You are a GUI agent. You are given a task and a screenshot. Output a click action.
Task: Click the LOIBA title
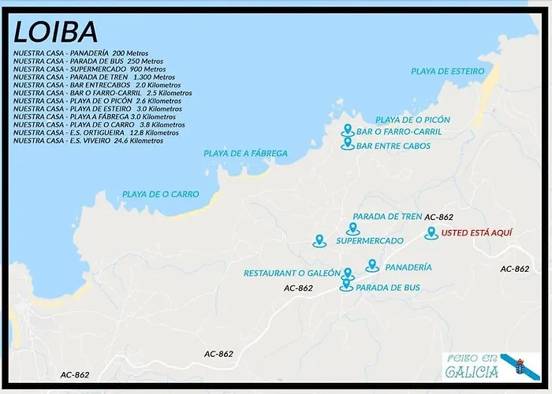56,32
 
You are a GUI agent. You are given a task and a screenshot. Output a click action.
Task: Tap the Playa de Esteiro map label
447,71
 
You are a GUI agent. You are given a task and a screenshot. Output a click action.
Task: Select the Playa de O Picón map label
412,120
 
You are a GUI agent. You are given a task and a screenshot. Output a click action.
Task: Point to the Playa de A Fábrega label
245,153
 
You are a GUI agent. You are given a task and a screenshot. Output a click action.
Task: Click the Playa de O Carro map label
160,194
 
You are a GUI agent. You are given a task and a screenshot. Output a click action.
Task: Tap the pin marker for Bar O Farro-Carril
346,130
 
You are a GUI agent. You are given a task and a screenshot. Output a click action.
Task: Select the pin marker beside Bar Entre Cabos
347,143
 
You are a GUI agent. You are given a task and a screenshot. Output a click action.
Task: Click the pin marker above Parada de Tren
352,229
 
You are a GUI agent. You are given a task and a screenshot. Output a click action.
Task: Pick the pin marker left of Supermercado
319,240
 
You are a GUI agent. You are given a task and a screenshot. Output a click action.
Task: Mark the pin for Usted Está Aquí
431,232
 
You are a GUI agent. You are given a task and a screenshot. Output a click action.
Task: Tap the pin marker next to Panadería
372,266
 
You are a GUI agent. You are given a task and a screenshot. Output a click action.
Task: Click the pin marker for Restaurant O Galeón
348,273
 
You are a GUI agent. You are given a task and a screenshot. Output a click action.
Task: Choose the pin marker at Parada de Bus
345,284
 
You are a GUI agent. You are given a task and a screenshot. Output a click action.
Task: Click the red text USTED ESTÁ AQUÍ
477,233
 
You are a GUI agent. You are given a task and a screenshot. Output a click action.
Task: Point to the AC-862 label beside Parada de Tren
438,217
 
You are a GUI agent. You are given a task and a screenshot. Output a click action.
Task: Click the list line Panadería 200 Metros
75,53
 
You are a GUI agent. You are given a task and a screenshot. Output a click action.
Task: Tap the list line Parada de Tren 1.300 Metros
94,77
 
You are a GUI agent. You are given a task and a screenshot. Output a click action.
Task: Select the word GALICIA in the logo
472,372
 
